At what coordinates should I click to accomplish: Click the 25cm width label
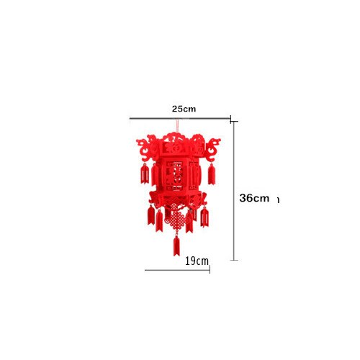(184, 109)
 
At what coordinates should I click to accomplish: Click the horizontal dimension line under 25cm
(180, 119)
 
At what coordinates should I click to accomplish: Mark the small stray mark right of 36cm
(278, 199)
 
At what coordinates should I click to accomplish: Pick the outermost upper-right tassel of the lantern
(212, 174)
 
